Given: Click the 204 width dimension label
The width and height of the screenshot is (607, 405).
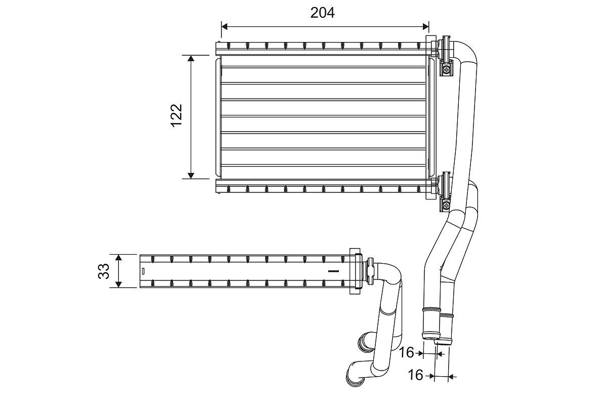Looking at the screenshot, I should click(x=322, y=13).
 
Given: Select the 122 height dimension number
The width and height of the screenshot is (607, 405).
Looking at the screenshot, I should click(x=176, y=116).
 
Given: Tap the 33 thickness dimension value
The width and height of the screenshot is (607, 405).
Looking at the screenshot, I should click(x=104, y=271).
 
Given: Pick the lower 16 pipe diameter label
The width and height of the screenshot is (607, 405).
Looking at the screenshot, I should click(x=415, y=375).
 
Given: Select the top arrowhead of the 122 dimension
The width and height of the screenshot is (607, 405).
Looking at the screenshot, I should click(x=191, y=59).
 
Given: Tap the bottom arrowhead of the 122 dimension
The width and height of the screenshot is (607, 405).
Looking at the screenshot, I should click(x=191, y=175).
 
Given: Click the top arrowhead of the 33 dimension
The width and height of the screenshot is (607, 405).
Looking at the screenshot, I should click(x=118, y=258).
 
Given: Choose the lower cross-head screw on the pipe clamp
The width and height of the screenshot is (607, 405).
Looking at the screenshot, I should click(x=446, y=206).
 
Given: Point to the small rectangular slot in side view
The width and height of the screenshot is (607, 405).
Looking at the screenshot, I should click(x=144, y=271).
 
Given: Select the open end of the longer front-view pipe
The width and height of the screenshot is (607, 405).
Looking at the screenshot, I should click(x=430, y=336).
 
